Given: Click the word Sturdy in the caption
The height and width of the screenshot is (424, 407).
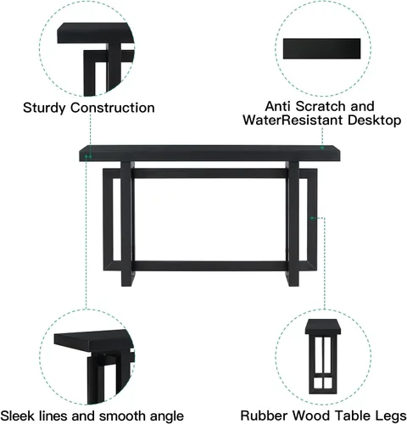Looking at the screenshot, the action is click(44, 109).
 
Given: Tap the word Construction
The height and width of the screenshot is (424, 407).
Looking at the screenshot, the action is click(113, 108).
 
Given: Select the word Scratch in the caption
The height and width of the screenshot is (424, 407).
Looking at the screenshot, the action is click(321, 106).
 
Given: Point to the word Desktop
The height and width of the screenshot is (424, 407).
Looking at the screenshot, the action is click(374, 120).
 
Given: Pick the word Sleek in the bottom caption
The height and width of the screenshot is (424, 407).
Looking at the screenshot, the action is click(18, 416).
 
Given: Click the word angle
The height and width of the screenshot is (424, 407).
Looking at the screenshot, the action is click(167, 416).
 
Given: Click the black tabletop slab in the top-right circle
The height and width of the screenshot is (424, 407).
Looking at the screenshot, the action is click(322, 48).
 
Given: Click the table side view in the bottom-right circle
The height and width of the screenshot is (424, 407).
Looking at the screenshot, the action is click(322, 357).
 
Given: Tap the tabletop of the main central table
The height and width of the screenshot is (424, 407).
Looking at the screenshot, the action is click(209, 153).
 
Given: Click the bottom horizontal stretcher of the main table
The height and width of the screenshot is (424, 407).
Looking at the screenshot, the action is click(209, 266).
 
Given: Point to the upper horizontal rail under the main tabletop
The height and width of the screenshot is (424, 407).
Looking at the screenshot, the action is click(209, 173).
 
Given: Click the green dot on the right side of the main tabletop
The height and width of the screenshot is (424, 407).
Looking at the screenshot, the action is click(322, 148).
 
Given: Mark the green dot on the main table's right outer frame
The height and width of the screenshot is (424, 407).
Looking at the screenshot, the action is click(312, 218).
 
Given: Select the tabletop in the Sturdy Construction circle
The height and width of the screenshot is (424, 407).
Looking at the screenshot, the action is click(96, 33).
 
